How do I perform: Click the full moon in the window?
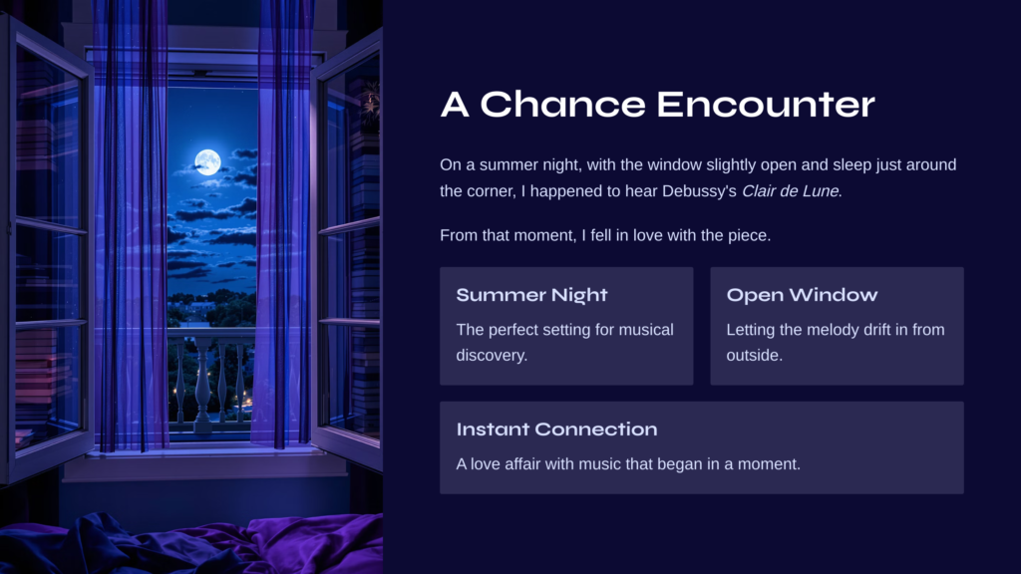coord(207,162)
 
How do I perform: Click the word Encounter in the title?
coord(766,104)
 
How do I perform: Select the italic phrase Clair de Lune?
coord(791,191)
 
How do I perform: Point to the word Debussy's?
coord(699,191)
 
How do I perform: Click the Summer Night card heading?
coord(532,295)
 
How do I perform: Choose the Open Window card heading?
coord(803,295)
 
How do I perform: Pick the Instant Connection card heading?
coord(556,430)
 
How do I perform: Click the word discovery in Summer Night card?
coord(492,356)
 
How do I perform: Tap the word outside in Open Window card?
coord(755,356)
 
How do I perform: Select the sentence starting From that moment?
coord(605,235)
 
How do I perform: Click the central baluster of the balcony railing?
coord(203,384)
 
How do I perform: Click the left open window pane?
coord(46,247)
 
